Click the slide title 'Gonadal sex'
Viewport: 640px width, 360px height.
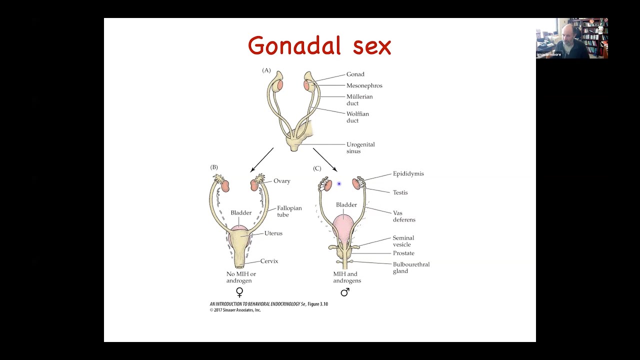tap(319, 46)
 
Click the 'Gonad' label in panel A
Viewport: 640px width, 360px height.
tap(355, 74)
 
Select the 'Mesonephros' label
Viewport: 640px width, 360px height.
tap(364, 85)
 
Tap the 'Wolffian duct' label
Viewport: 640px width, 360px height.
tap(357, 117)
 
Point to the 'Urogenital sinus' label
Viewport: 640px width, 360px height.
tap(360, 147)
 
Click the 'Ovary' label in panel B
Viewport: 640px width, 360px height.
tap(281, 181)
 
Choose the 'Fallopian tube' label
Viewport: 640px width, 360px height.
tap(289, 211)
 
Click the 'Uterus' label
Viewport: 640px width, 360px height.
tap(273, 233)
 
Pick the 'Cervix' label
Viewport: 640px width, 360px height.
tap(269, 261)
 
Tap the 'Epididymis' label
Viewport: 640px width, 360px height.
tap(408, 174)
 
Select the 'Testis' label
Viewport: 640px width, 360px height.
tap(400, 192)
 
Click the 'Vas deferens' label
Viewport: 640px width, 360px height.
tap(403, 216)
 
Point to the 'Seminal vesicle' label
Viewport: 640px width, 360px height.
tap(403, 241)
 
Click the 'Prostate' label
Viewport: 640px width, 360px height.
tap(403, 253)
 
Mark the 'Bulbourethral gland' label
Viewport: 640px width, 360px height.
tap(410, 267)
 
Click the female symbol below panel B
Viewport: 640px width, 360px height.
tap(239, 292)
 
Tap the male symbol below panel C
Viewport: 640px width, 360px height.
tap(345, 292)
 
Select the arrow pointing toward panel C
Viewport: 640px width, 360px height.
tap(325, 159)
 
